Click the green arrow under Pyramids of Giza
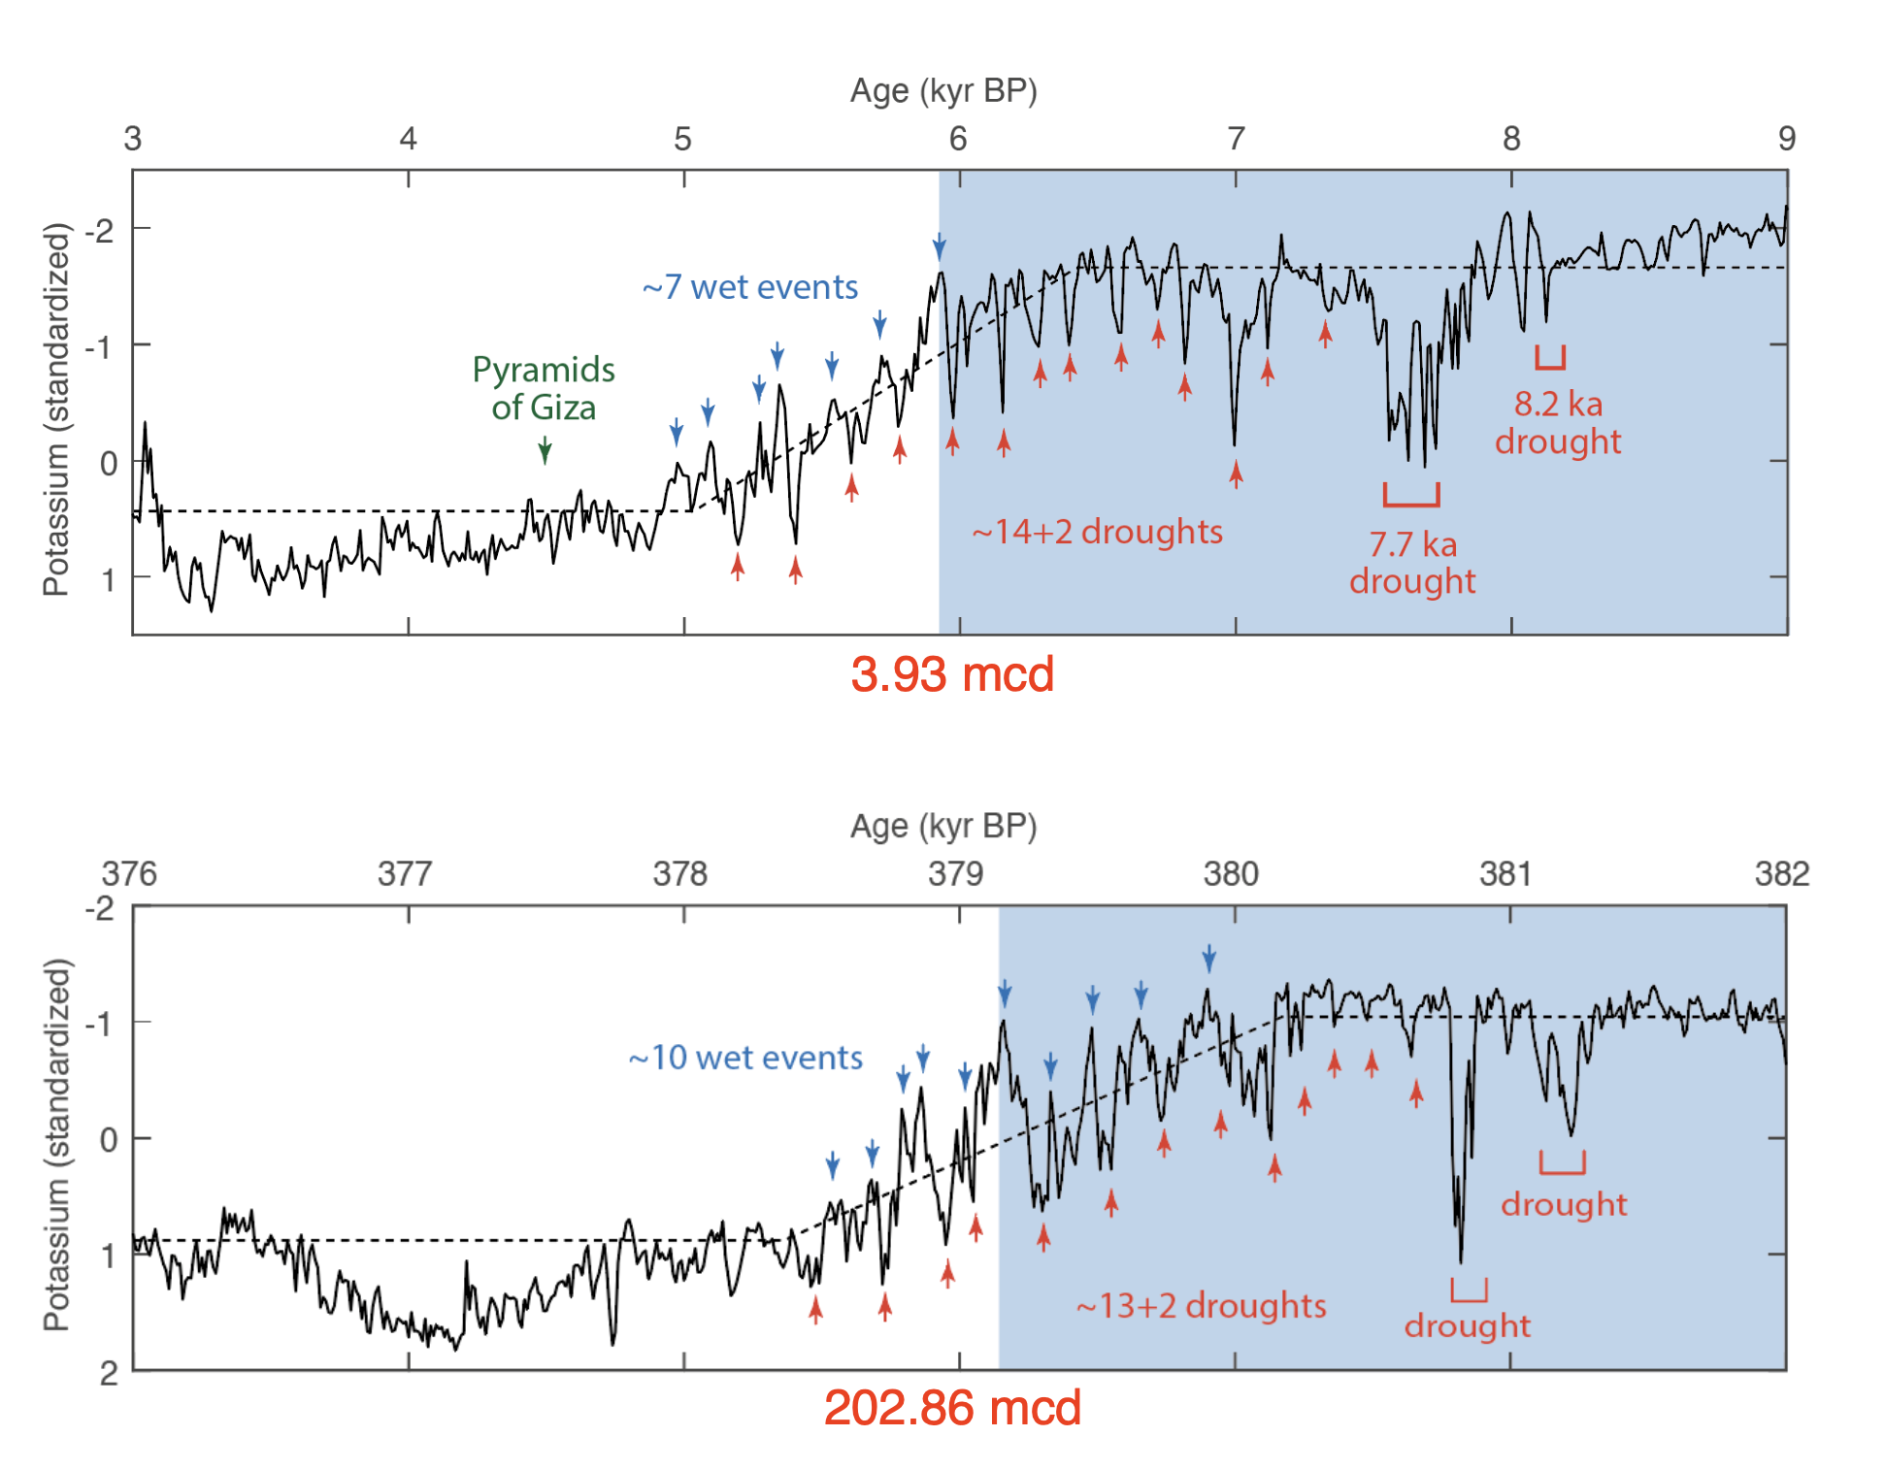pos(546,450)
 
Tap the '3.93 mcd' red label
pos(951,674)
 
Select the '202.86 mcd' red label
pos(951,1408)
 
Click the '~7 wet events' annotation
pos(749,287)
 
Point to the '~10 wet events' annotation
pos(744,1058)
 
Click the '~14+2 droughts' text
pos(1097,532)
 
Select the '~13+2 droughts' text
pos(1201,1306)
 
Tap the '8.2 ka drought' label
pos(1557,422)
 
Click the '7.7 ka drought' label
pos(1411,563)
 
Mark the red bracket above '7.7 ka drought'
pos(1411,498)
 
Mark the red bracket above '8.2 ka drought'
pos(1550,360)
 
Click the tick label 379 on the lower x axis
pos(955,874)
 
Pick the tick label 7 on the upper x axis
pos(1236,139)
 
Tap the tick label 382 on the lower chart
pos(1781,874)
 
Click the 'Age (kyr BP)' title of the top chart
pos(943,90)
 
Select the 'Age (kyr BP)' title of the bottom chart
pos(943,826)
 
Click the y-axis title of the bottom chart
pos(57,1145)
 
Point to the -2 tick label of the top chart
pos(98,231)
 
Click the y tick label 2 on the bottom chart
pos(109,1373)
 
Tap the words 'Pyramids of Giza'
pos(544,388)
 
